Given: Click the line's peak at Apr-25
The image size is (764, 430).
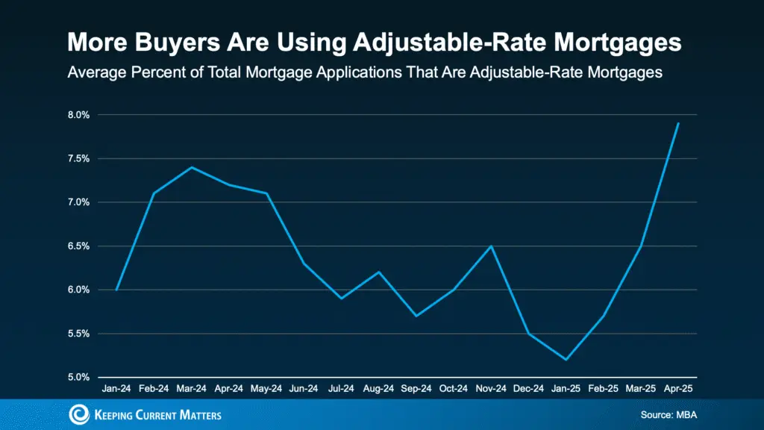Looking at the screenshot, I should (677, 123).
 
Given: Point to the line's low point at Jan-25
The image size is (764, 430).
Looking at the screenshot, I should (566, 359).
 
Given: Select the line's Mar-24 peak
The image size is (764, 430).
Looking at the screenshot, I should (192, 167).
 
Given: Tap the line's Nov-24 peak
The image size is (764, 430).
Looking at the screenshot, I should (491, 246).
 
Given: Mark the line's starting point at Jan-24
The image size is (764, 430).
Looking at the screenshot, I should (117, 290).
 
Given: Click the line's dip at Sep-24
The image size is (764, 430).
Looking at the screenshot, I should (416, 316).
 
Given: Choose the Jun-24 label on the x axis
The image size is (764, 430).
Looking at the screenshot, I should (304, 390).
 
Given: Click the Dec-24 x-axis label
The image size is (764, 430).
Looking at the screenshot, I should (528, 390).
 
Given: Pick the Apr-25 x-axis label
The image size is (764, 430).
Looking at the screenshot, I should (677, 390).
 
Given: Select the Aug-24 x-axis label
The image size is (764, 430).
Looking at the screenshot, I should (379, 390).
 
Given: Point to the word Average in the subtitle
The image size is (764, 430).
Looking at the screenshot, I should (96, 72).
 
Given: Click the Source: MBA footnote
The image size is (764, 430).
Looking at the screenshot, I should (667, 414).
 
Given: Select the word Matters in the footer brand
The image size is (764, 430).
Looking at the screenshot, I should (197, 415).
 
